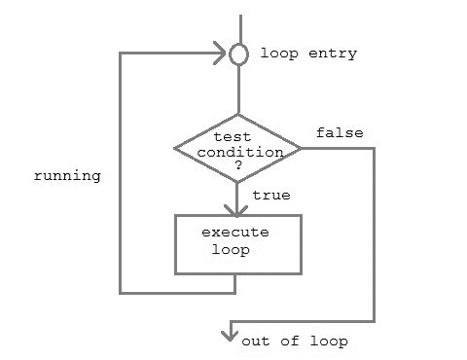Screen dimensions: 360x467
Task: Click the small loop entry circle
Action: point(238,54)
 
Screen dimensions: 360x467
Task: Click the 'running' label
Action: point(67,177)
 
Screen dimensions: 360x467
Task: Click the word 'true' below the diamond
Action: point(270,195)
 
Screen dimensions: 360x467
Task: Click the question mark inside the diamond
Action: point(237,166)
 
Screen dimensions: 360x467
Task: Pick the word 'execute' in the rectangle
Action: point(234,233)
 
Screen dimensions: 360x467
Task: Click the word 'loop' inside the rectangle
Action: point(231,249)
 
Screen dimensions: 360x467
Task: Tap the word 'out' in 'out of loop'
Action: point(255,342)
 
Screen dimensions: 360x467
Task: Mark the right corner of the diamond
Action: point(301,149)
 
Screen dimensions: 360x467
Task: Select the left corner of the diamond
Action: point(175,149)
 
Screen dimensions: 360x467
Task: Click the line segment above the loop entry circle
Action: point(238,27)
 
